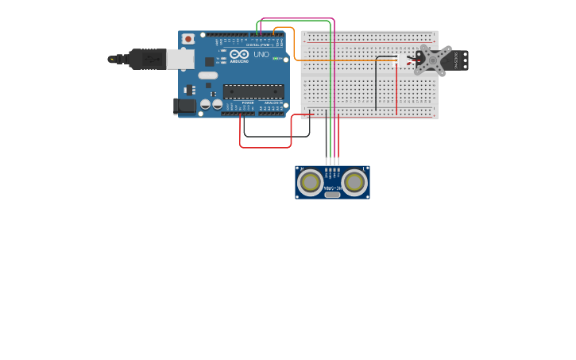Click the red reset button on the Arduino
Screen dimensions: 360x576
pyautogui.click(x=188, y=39)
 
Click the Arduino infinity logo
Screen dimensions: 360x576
pyautogui.click(x=239, y=55)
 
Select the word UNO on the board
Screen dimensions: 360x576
pyautogui.click(x=261, y=55)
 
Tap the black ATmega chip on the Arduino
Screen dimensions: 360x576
pyautogui.click(x=253, y=91)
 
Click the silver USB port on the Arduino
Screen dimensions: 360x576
pyautogui.click(x=180, y=59)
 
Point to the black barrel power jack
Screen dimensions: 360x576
pyautogui.click(x=184, y=106)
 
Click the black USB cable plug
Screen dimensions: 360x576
pyautogui.click(x=147, y=59)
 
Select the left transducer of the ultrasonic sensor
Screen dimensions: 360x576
pyautogui.click(x=310, y=182)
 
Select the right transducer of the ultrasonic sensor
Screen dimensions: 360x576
pyautogui.click(x=354, y=182)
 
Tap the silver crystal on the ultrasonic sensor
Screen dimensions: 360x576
pyautogui.click(x=332, y=194)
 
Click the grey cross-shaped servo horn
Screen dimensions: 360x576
pyautogui.click(x=431, y=60)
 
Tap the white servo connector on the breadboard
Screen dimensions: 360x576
pyautogui.click(x=402, y=60)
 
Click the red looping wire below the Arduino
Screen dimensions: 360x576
pyautogui.click(x=265, y=147)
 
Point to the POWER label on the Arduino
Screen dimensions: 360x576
pyautogui.click(x=248, y=103)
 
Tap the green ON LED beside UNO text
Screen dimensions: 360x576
pyautogui.click(x=276, y=58)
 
